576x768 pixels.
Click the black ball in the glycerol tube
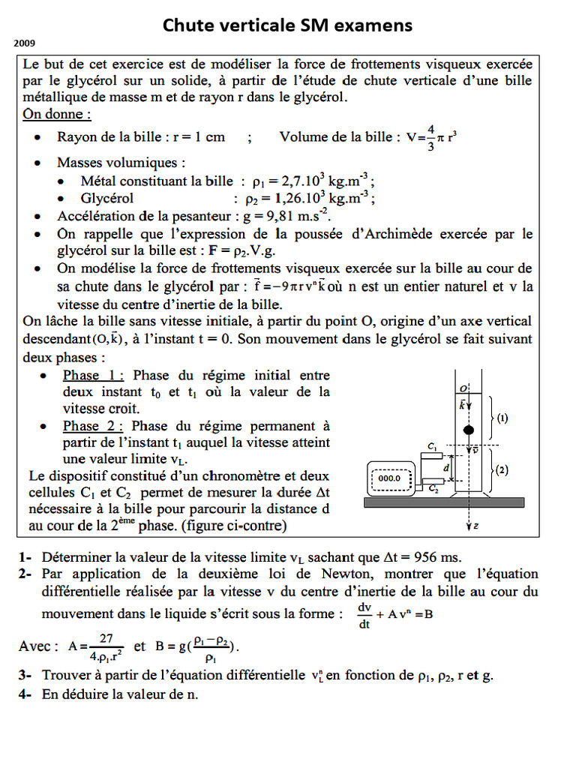[x=469, y=430]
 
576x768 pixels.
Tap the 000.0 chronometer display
[x=389, y=478]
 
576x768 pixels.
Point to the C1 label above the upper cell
[x=433, y=447]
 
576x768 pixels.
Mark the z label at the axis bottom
[x=476, y=526]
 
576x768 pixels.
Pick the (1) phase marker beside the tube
[x=502, y=419]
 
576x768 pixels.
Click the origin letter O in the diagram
[x=464, y=388]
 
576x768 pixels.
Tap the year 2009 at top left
[x=25, y=43]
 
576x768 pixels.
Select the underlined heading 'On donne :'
[x=57, y=115]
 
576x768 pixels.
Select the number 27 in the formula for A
[x=106, y=638]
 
